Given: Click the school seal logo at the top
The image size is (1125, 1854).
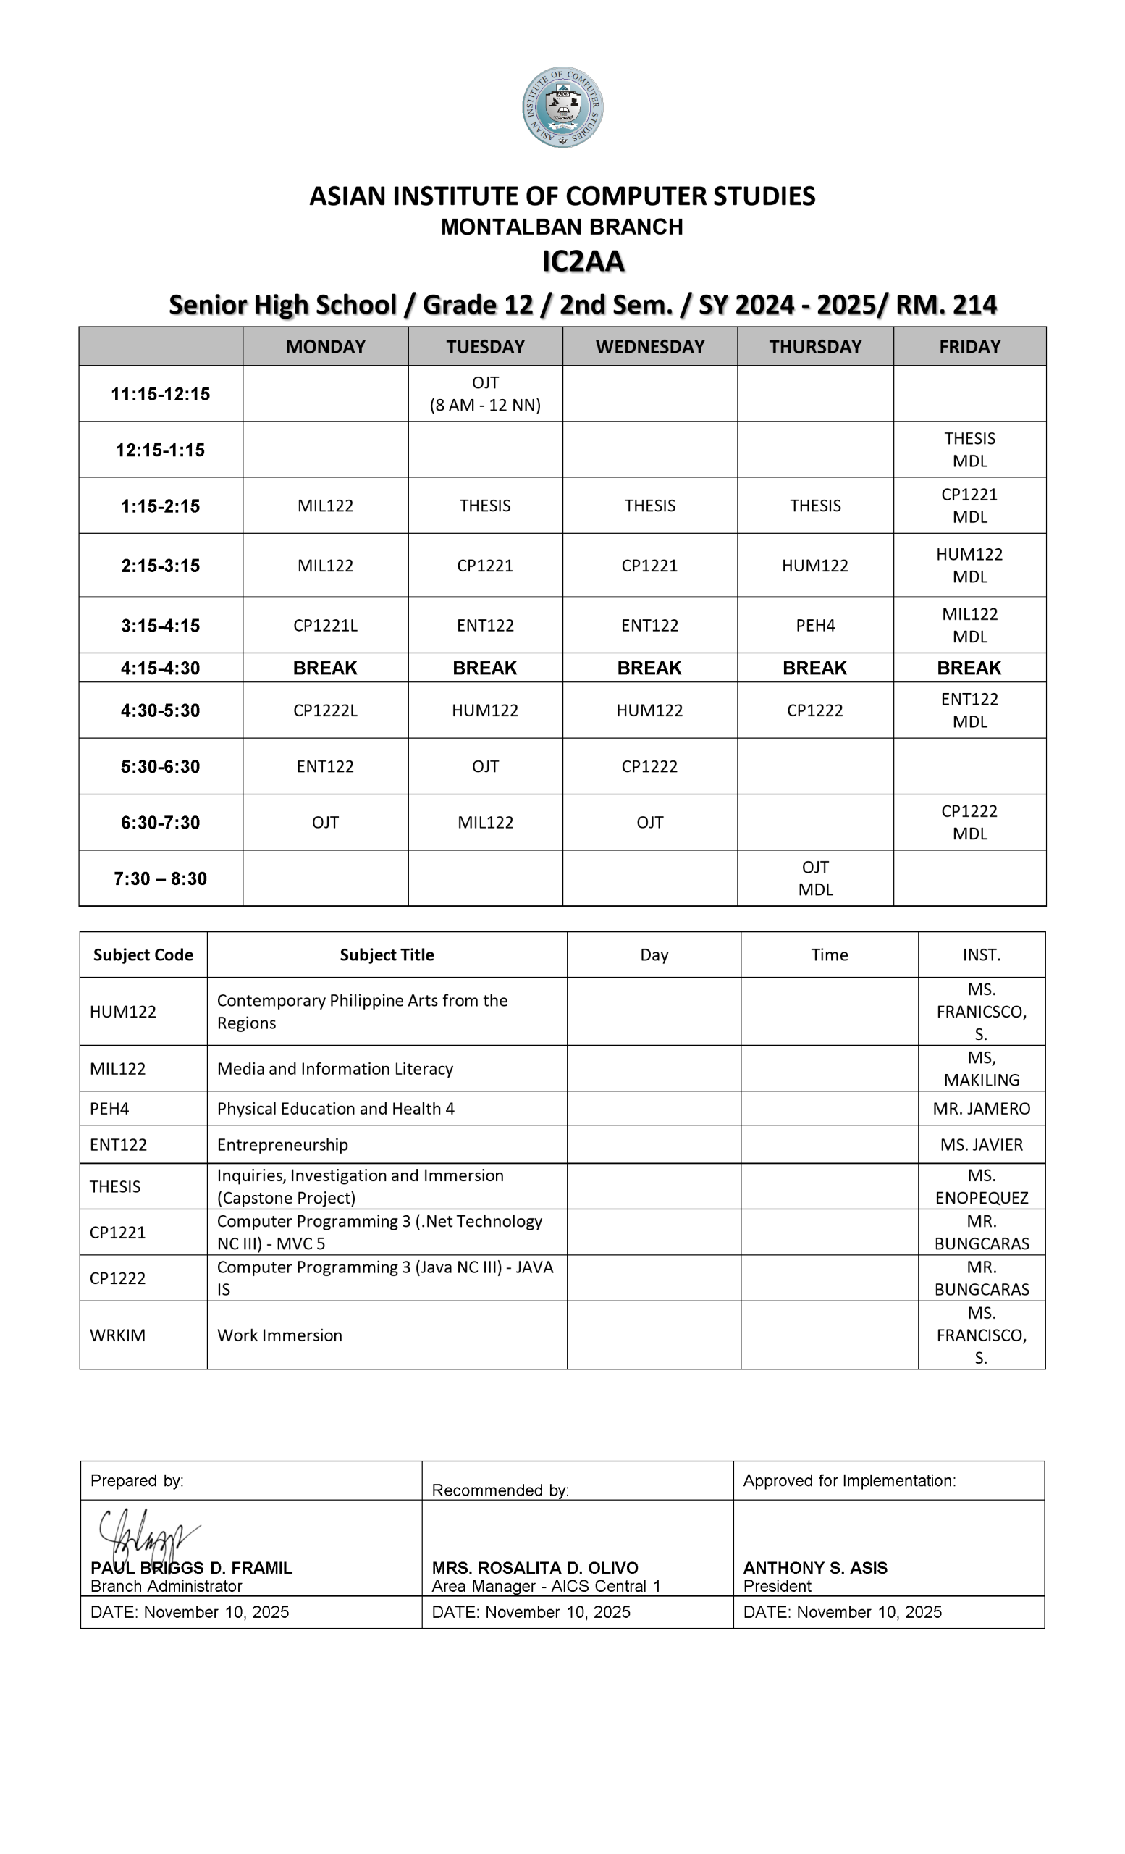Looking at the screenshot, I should pos(562,107).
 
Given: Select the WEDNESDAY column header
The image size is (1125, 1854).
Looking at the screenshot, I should pos(649,346).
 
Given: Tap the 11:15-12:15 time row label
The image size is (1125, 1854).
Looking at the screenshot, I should pos(160,393).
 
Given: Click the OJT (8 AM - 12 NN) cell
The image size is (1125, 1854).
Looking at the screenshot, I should pos(485,393).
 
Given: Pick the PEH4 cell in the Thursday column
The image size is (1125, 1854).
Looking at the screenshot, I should pos(815,625).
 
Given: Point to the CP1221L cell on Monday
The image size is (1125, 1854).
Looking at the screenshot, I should pos(325,625).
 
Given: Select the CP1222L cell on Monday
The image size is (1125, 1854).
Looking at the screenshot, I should pos(325,710).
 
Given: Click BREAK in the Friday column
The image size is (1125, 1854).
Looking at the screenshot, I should pos(969,668).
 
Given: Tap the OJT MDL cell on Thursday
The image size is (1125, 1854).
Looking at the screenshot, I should pos(815,878).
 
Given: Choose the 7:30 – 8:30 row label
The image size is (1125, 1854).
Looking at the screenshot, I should pos(160,878).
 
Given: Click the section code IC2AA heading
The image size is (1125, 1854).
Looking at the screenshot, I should pos(583,261).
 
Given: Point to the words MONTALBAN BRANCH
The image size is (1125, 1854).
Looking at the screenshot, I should pos(562,227).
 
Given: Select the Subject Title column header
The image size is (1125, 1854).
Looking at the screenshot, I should pos(387,955).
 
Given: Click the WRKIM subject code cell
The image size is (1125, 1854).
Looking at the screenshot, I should pos(117,1335).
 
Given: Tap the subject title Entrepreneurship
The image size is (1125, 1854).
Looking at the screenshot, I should pos(282,1144).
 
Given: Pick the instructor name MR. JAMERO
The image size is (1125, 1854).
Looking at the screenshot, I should pos(982,1108).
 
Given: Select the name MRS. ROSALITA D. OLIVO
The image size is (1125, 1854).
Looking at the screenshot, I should pos(535,1567).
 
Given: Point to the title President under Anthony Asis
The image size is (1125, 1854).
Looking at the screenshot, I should pos(778,1586).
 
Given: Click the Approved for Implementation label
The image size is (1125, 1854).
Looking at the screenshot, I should pos(850,1481).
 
